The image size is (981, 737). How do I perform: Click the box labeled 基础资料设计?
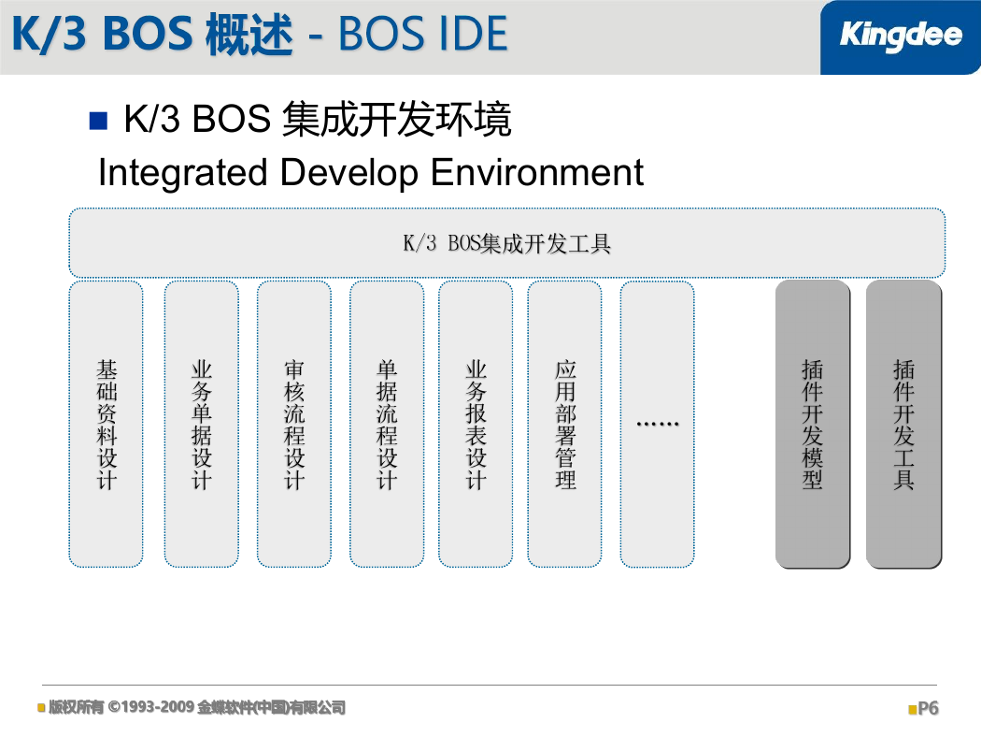(x=107, y=424)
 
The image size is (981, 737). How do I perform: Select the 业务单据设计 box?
(x=202, y=424)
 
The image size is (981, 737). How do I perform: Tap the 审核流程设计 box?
(x=294, y=424)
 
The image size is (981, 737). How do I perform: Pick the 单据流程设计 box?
(x=387, y=424)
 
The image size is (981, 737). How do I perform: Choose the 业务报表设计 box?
(x=476, y=424)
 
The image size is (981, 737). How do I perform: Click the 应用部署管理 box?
(x=565, y=424)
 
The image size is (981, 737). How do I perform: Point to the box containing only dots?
(x=657, y=424)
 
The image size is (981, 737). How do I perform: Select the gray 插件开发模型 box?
(x=813, y=424)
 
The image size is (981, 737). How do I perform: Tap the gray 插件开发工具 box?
(x=903, y=424)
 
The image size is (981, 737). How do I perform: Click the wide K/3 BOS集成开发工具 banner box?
(x=506, y=242)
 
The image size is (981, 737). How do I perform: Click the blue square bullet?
(x=99, y=121)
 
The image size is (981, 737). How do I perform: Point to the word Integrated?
(x=183, y=173)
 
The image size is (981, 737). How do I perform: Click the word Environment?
(x=537, y=172)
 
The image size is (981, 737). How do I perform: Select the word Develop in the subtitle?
(x=349, y=173)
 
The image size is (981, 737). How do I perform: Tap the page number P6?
(x=928, y=708)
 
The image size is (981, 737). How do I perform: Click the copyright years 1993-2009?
(x=158, y=707)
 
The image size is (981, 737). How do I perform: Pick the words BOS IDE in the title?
(x=423, y=34)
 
